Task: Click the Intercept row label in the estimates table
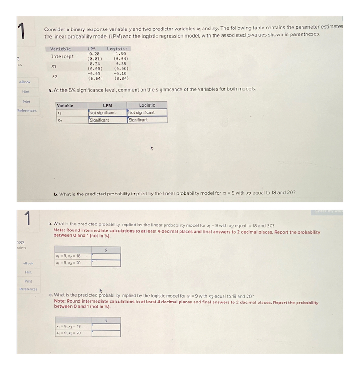(62, 57)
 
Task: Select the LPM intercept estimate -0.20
(93, 54)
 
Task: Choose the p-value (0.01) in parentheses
(94, 59)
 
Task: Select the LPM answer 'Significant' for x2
(100, 120)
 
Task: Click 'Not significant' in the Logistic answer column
(141, 113)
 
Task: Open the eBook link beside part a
(25, 82)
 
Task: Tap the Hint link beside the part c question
(28, 272)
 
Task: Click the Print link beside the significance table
(26, 102)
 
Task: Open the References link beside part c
(28, 289)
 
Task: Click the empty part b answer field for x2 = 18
(106, 256)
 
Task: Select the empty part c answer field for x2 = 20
(106, 333)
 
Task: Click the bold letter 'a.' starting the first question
(50, 90)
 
